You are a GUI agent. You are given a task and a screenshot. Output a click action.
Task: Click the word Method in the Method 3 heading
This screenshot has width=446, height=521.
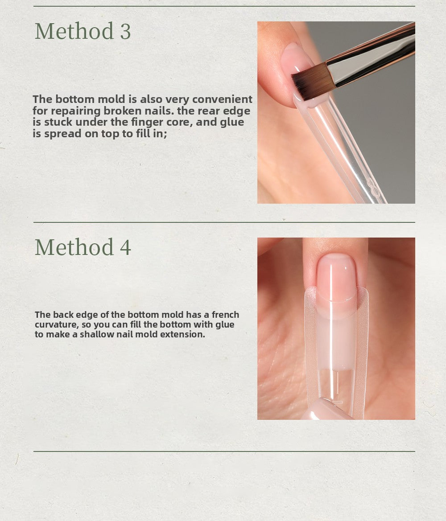click(74, 32)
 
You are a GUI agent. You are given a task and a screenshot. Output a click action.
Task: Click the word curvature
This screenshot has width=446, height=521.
click(57, 324)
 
